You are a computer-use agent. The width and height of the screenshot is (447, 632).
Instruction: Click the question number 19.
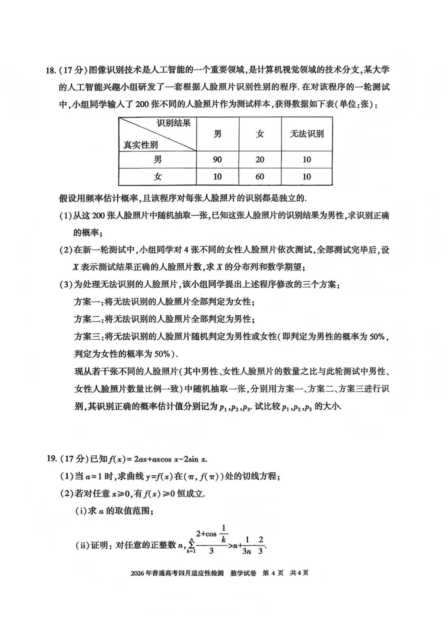(x=51, y=458)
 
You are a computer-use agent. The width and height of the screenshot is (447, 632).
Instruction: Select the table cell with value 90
(x=217, y=159)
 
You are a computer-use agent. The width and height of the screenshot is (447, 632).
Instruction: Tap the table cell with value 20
(x=260, y=159)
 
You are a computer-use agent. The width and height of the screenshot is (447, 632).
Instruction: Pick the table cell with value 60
(x=260, y=177)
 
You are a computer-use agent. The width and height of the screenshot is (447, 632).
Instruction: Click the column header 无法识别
(x=307, y=134)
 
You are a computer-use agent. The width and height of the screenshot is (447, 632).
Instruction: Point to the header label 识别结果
(x=174, y=123)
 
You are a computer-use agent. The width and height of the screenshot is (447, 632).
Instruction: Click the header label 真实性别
(x=141, y=145)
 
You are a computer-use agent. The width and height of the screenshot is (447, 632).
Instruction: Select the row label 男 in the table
(x=158, y=159)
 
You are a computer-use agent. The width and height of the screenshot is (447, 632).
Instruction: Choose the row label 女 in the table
(x=158, y=177)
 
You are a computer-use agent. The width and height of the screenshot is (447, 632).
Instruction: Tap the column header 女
(x=260, y=134)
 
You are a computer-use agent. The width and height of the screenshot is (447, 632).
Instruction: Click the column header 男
(x=217, y=134)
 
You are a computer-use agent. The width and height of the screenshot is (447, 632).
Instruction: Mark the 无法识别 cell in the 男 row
(x=307, y=159)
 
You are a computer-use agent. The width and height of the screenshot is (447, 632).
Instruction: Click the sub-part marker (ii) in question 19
(x=82, y=545)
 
